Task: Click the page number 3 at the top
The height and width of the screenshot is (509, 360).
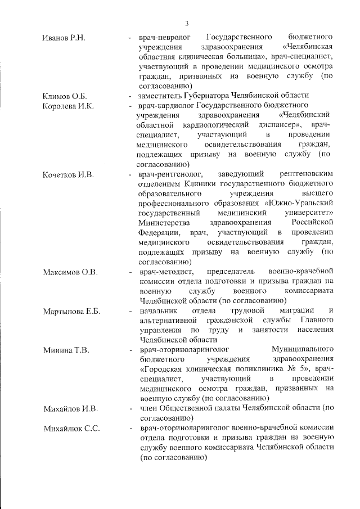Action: (x=186, y=23)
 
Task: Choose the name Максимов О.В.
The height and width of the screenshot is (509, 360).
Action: (x=70, y=272)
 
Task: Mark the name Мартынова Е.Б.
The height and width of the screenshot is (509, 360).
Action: (x=71, y=312)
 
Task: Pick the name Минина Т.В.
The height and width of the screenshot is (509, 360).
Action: (x=65, y=350)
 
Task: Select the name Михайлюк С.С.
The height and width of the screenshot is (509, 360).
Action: (x=71, y=429)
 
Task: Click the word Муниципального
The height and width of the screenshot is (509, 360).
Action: (x=303, y=350)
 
